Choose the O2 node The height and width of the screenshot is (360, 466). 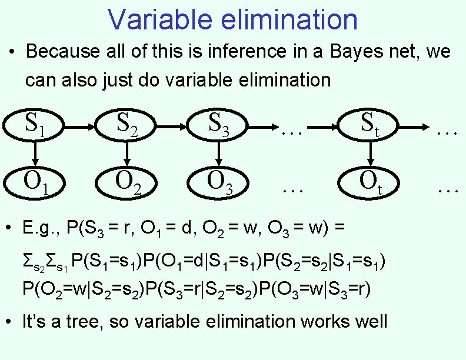[127, 182]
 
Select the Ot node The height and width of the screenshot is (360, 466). [370, 182]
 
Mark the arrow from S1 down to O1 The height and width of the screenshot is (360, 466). [35, 154]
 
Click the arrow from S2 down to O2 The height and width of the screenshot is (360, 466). [127, 154]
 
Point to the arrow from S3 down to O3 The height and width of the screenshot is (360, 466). [219, 154]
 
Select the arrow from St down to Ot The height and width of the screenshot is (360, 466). [370, 154]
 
